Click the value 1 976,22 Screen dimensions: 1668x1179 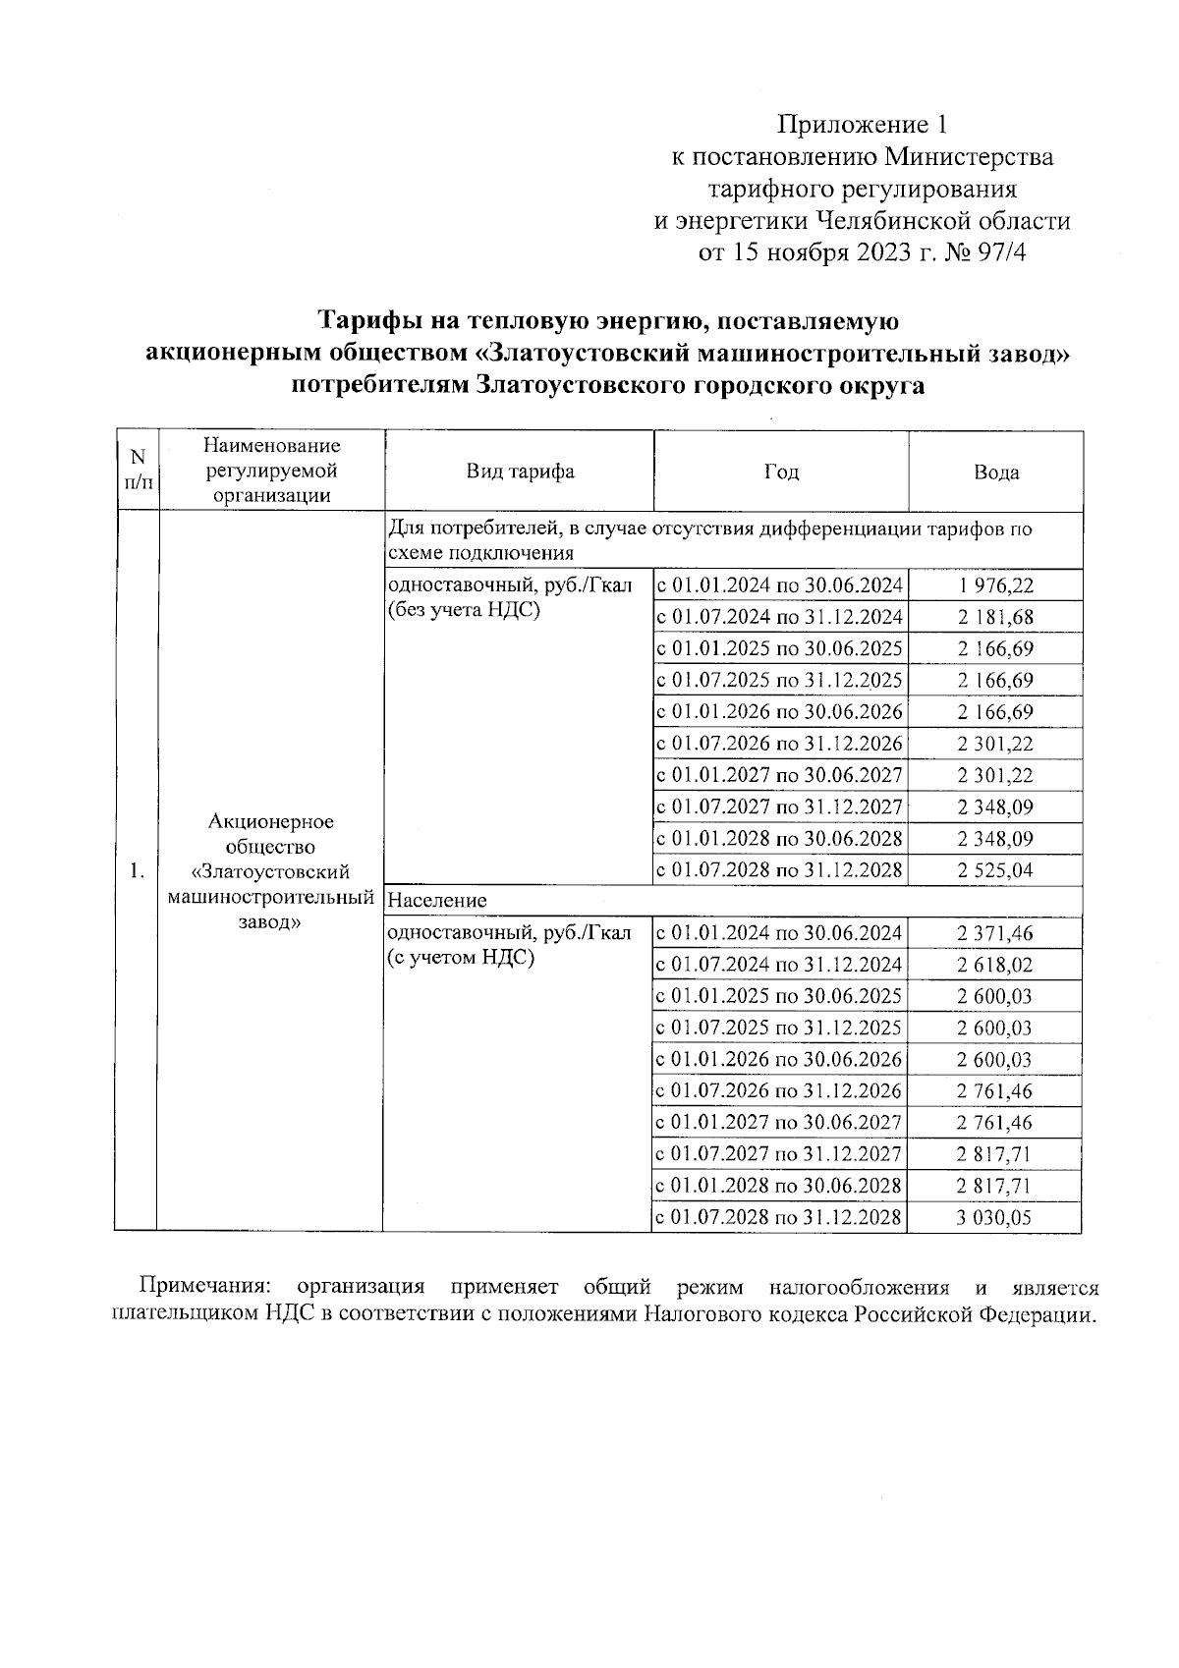(x=995, y=586)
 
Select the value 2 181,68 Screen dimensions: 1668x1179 (x=995, y=618)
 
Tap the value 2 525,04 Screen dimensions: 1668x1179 (x=995, y=870)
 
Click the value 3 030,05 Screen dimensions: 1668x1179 (x=995, y=1218)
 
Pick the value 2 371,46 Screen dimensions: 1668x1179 (x=995, y=933)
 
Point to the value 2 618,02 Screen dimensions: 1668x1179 (x=995, y=965)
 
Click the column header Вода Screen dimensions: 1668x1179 (x=995, y=473)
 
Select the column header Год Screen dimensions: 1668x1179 (x=781, y=472)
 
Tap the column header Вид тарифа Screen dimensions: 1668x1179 (x=520, y=472)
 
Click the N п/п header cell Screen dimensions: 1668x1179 (x=138, y=471)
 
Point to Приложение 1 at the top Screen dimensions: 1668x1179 (x=864, y=125)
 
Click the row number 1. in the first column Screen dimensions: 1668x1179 (x=138, y=870)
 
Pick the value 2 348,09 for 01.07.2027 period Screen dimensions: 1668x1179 (x=995, y=807)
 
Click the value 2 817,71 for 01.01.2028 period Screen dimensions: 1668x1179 (x=995, y=1186)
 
